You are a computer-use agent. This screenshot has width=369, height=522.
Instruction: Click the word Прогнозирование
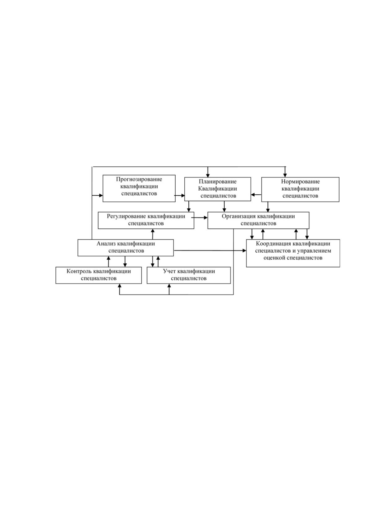(139, 179)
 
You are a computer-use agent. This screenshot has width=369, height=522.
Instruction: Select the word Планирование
(217, 182)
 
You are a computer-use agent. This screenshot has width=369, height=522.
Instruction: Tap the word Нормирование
(300, 182)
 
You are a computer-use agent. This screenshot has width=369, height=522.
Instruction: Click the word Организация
(239, 216)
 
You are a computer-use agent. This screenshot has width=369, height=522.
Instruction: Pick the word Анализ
(106, 244)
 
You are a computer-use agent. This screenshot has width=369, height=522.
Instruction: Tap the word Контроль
(79, 271)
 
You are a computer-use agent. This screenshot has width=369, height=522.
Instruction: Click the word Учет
(169, 271)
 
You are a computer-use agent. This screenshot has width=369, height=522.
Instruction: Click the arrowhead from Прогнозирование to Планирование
(183, 196)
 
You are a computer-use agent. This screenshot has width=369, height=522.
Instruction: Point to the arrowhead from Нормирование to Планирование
(253, 195)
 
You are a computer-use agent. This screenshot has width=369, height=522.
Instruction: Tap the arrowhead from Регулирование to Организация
(206, 218)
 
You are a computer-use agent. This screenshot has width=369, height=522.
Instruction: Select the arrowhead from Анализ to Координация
(244, 250)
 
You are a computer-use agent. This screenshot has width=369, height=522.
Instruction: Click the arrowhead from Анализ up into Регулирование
(153, 231)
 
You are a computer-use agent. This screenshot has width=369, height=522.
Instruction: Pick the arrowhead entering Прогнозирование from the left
(101, 196)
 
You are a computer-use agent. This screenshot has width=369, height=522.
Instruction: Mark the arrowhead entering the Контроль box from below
(120, 286)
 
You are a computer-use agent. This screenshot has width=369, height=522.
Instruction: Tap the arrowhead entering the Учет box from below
(169, 286)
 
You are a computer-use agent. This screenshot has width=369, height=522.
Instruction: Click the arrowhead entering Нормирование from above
(285, 175)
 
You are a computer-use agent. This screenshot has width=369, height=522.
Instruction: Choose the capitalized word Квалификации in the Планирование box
(217, 189)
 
